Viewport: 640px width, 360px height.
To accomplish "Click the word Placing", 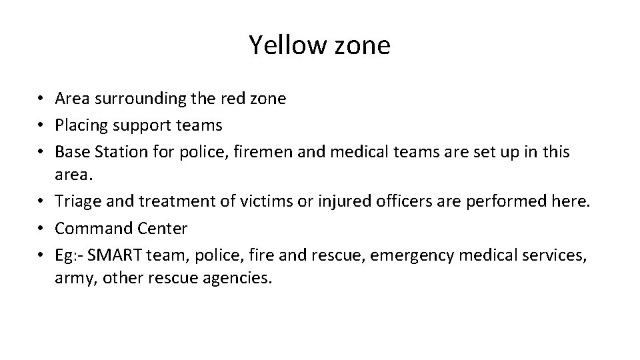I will (81, 125).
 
